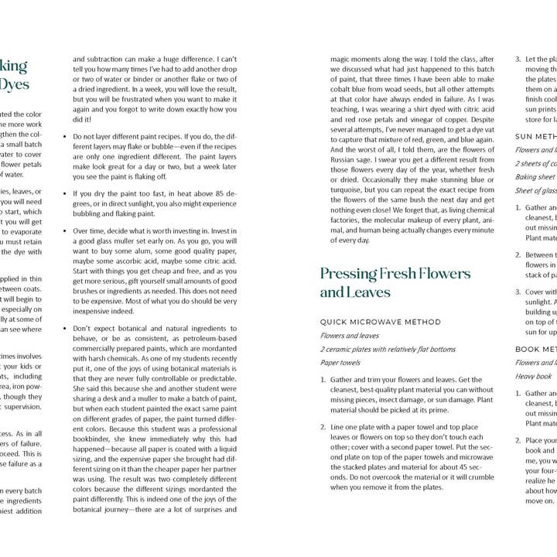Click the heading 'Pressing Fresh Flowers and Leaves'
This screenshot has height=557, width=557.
point(395,282)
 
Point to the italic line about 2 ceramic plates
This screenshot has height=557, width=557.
point(388,349)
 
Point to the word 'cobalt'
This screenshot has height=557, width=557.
point(346,90)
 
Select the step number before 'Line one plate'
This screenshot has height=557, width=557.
point(323,427)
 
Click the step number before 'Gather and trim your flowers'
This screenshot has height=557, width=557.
point(323,381)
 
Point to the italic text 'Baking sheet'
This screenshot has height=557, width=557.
point(535,176)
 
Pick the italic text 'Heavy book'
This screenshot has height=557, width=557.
point(534,376)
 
